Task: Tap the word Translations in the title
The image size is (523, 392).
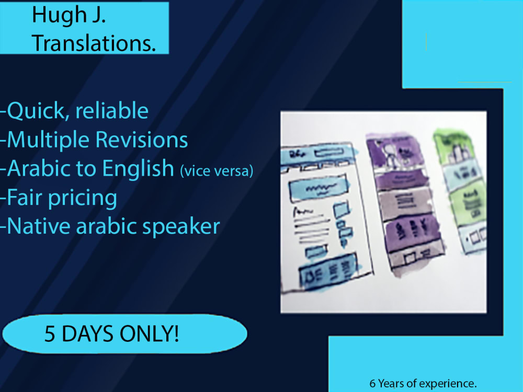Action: pyautogui.click(x=94, y=44)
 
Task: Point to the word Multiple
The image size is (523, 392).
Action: pyautogui.click(x=49, y=140)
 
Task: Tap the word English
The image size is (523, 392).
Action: pyautogui.click(x=138, y=169)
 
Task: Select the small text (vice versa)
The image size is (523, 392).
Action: pyautogui.click(x=216, y=171)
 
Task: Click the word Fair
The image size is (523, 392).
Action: pyautogui.click(x=26, y=198)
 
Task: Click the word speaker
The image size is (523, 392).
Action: pyautogui.click(x=180, y=227)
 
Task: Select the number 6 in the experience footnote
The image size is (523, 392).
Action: pyautogui.click(x=372, y=384)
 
